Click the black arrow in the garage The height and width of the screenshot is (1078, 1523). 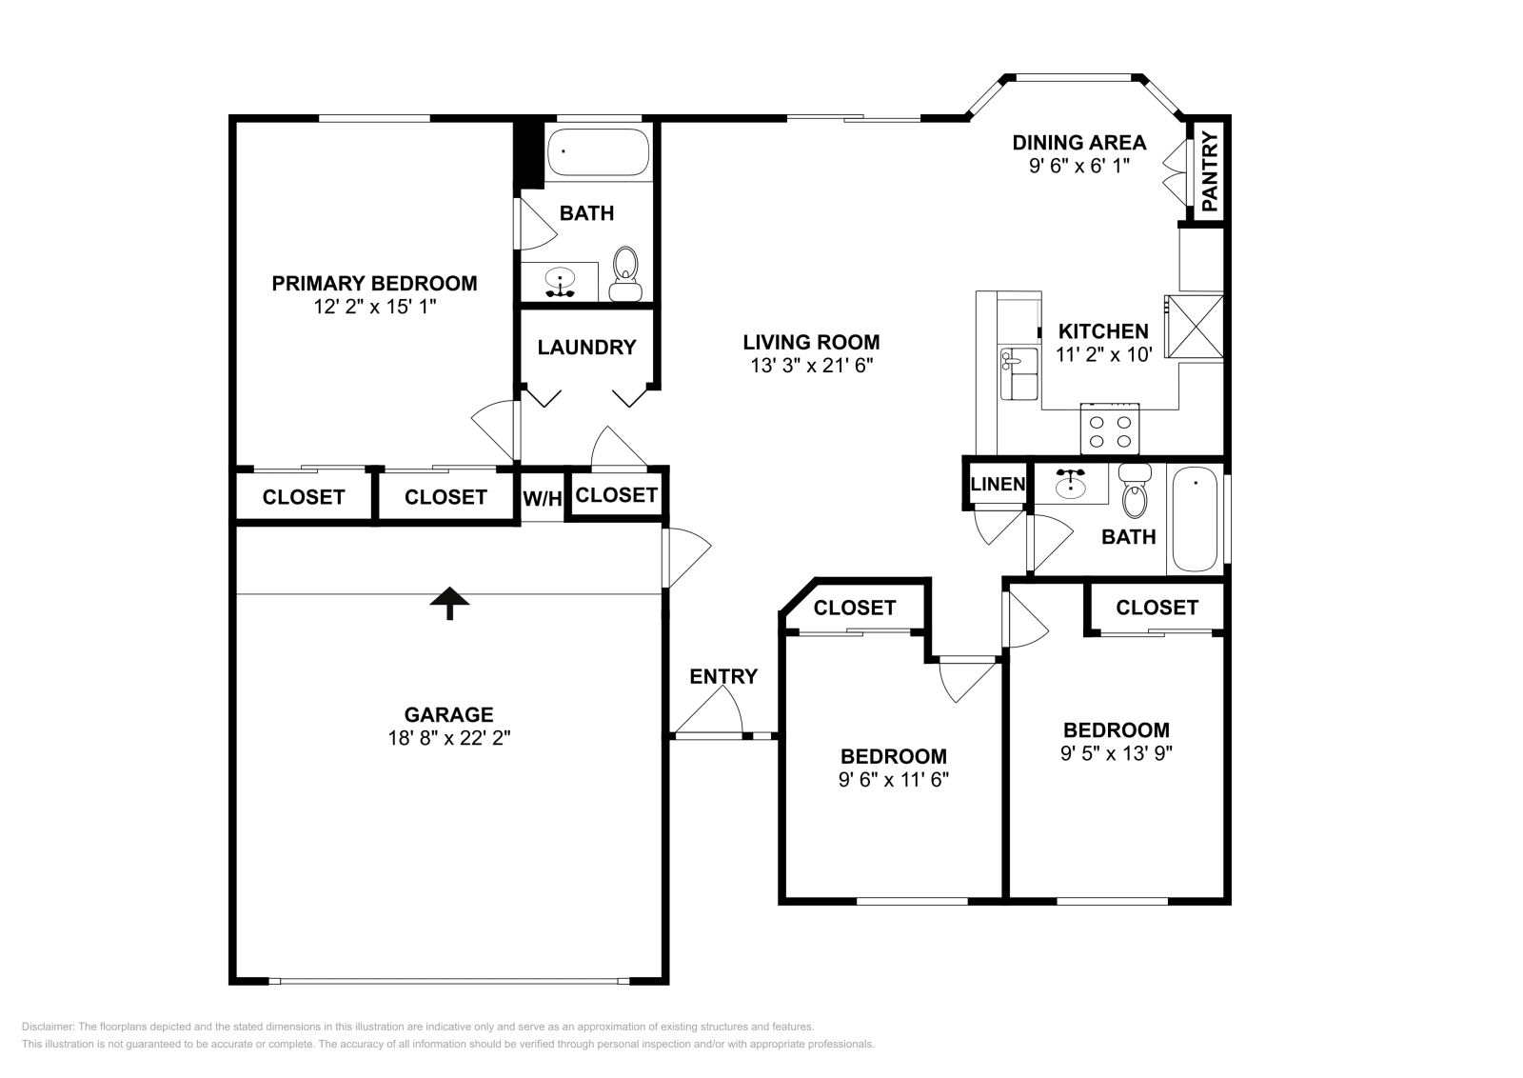449,602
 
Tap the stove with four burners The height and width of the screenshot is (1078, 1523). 1110,429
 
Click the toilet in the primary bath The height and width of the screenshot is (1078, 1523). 625,275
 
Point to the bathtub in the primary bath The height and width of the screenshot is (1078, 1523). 598,152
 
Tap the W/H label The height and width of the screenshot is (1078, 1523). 543,498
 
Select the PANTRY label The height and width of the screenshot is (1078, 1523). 1209,172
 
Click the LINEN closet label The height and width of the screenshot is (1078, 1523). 998,484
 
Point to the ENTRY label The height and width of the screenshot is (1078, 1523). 723,676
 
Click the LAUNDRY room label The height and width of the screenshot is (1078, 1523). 586,348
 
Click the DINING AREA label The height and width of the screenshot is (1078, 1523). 1078,143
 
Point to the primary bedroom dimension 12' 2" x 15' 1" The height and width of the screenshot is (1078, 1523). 374,307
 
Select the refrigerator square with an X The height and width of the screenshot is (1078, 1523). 1195,327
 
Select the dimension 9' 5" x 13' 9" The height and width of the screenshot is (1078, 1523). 1116,752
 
